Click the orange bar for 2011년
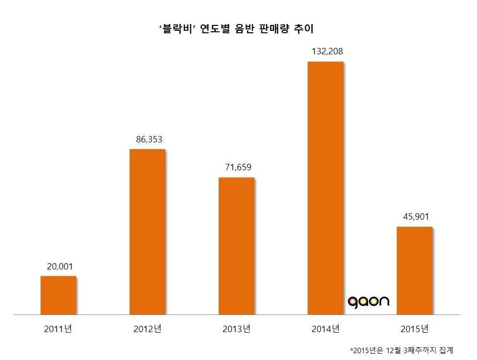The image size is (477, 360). tap(58, 295)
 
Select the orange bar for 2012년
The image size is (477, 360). tap(147, 231)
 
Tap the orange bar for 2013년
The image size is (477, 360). tap(236, 246)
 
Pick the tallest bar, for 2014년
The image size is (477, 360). tap(325, 188)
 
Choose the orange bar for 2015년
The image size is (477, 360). tap(414, 270)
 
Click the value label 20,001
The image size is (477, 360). tap(58, 267)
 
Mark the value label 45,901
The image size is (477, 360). tap(414, 217)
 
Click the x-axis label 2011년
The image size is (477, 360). tap(58, 329)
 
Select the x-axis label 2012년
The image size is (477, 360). tap(147, 329)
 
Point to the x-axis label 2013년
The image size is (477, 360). tap(236, 329)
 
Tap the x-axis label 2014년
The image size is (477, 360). tap(325, 329)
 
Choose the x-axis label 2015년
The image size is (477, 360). tap(414, 329)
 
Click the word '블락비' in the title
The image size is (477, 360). tap(178, 29)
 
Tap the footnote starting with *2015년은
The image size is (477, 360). tap(402, 350)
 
